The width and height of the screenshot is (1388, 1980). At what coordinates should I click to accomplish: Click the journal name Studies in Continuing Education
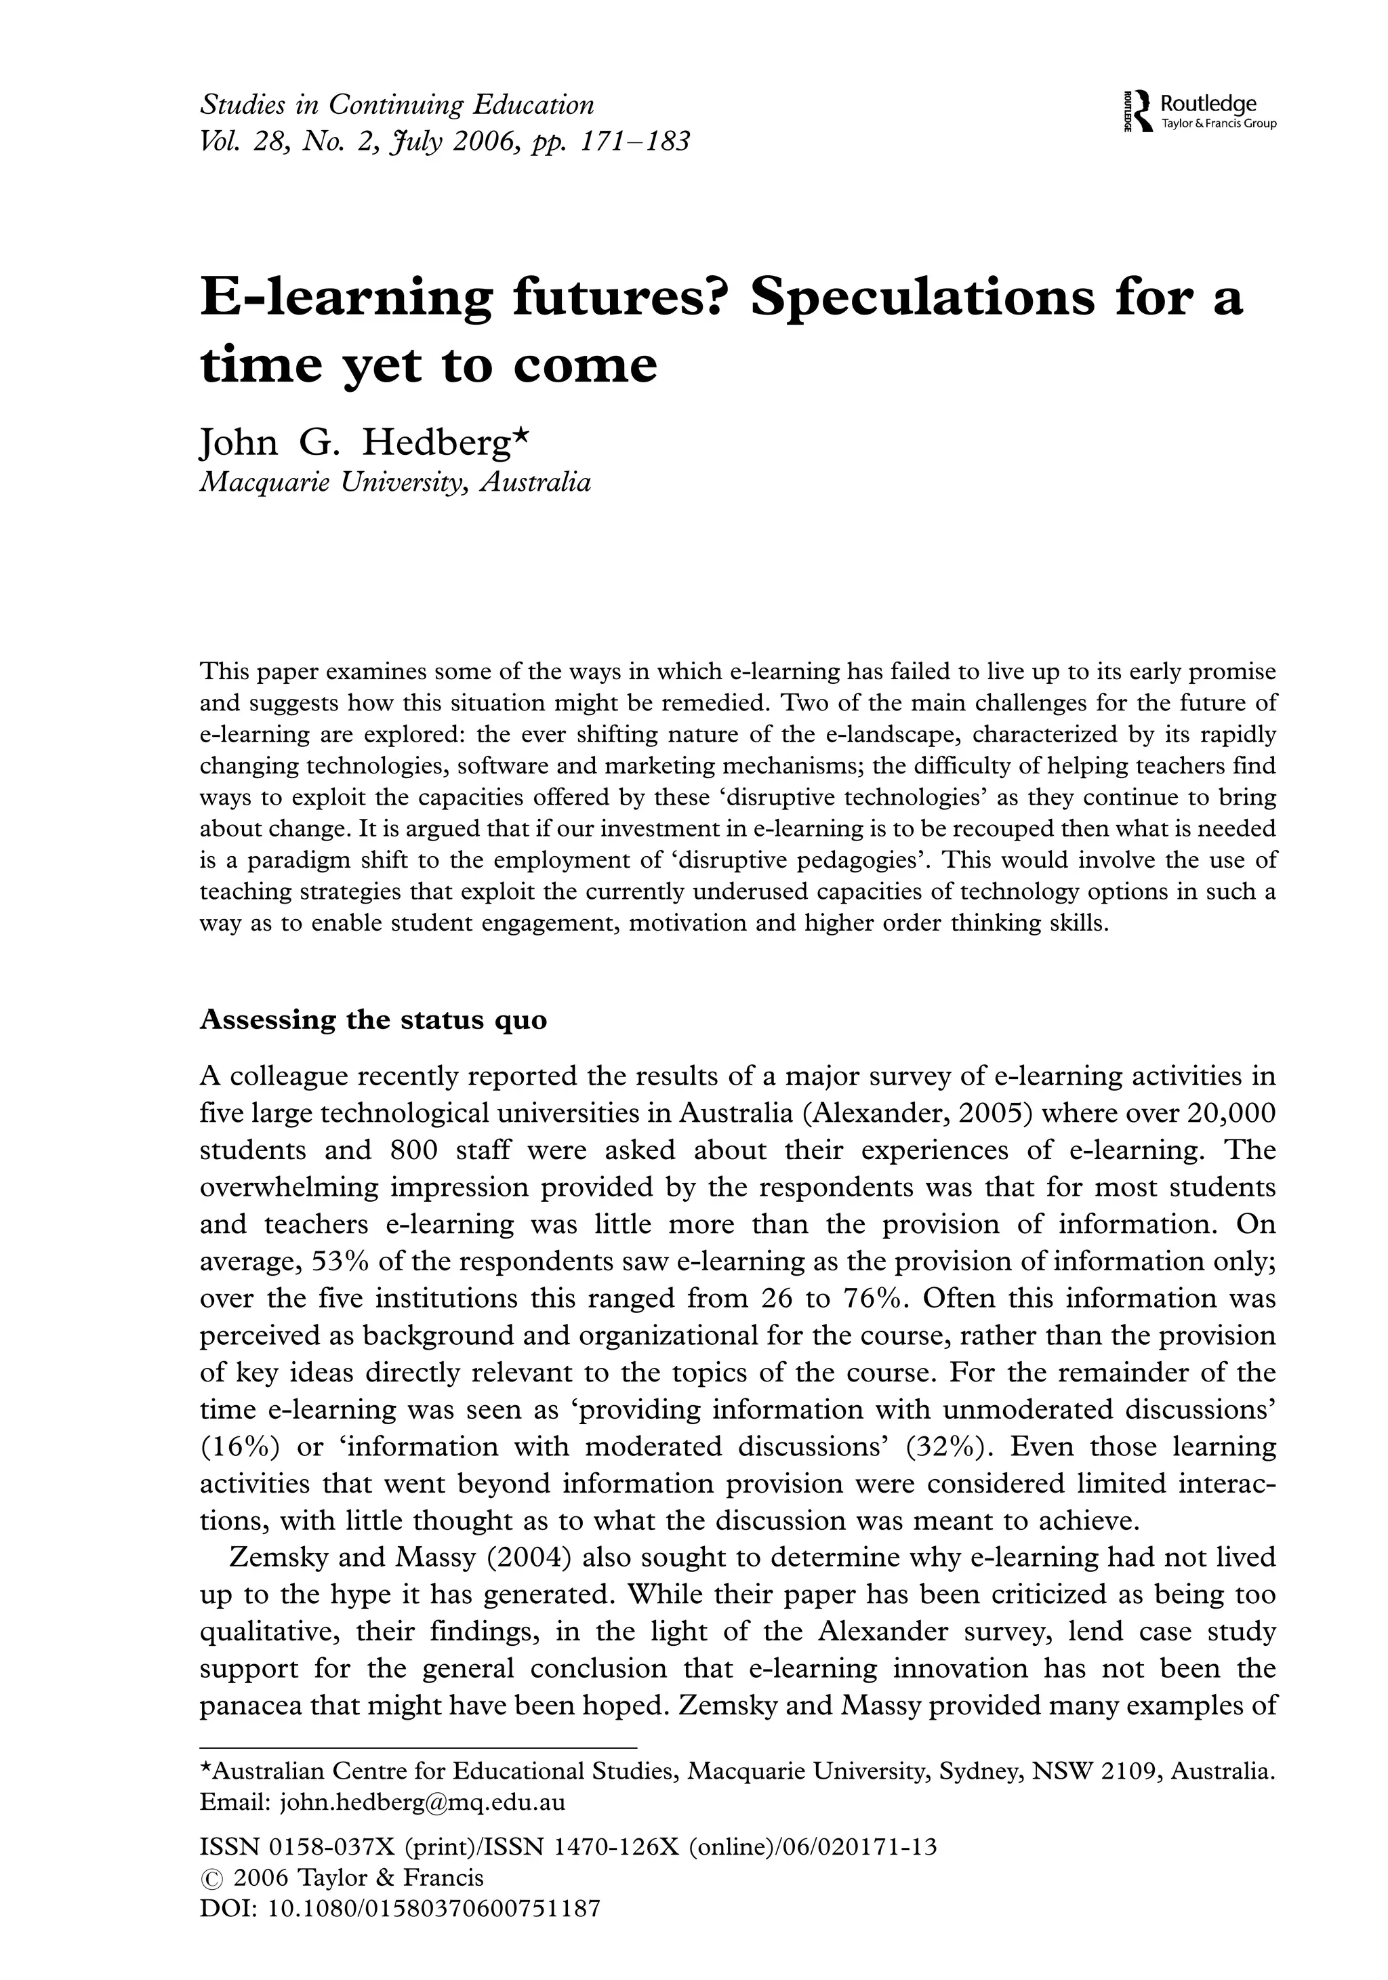(x=396, y=105)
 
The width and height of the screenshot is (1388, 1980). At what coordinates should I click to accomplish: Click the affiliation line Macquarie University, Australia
(x=395, y=482)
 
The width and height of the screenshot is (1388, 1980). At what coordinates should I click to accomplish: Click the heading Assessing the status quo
(x=373, y=1019)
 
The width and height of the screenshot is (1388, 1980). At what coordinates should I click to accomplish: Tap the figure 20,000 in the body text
(x=1230, y=1113)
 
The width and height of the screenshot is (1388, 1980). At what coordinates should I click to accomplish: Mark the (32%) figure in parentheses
(x=947, y=1447)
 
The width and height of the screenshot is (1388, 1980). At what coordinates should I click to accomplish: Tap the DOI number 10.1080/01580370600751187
(x=434, y=1908)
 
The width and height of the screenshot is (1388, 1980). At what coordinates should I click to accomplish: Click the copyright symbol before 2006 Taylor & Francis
(x=211, y=1879)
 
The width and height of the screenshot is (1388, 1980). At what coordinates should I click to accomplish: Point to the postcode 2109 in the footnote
(x=1129, y=1772)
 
